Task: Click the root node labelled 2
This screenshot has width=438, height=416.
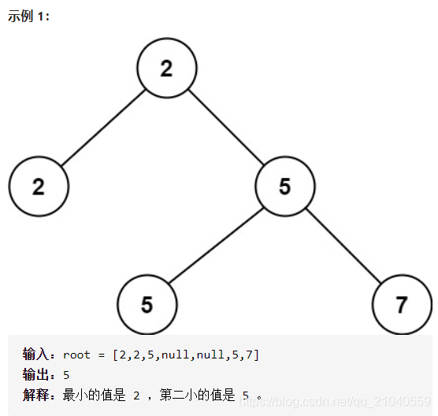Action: [166, 69]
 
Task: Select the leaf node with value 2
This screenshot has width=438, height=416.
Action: [39, 187]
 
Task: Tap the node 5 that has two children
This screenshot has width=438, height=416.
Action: [284, 187]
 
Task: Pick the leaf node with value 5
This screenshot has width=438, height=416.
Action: [147, 305]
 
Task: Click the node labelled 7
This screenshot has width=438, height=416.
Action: [402, 305]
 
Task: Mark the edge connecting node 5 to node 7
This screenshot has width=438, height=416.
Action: [343, 246]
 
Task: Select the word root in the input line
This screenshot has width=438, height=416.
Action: [76, 355]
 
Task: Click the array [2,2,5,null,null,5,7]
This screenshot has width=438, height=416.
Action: [186, 355]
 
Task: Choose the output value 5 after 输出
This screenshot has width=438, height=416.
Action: [66, 375]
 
